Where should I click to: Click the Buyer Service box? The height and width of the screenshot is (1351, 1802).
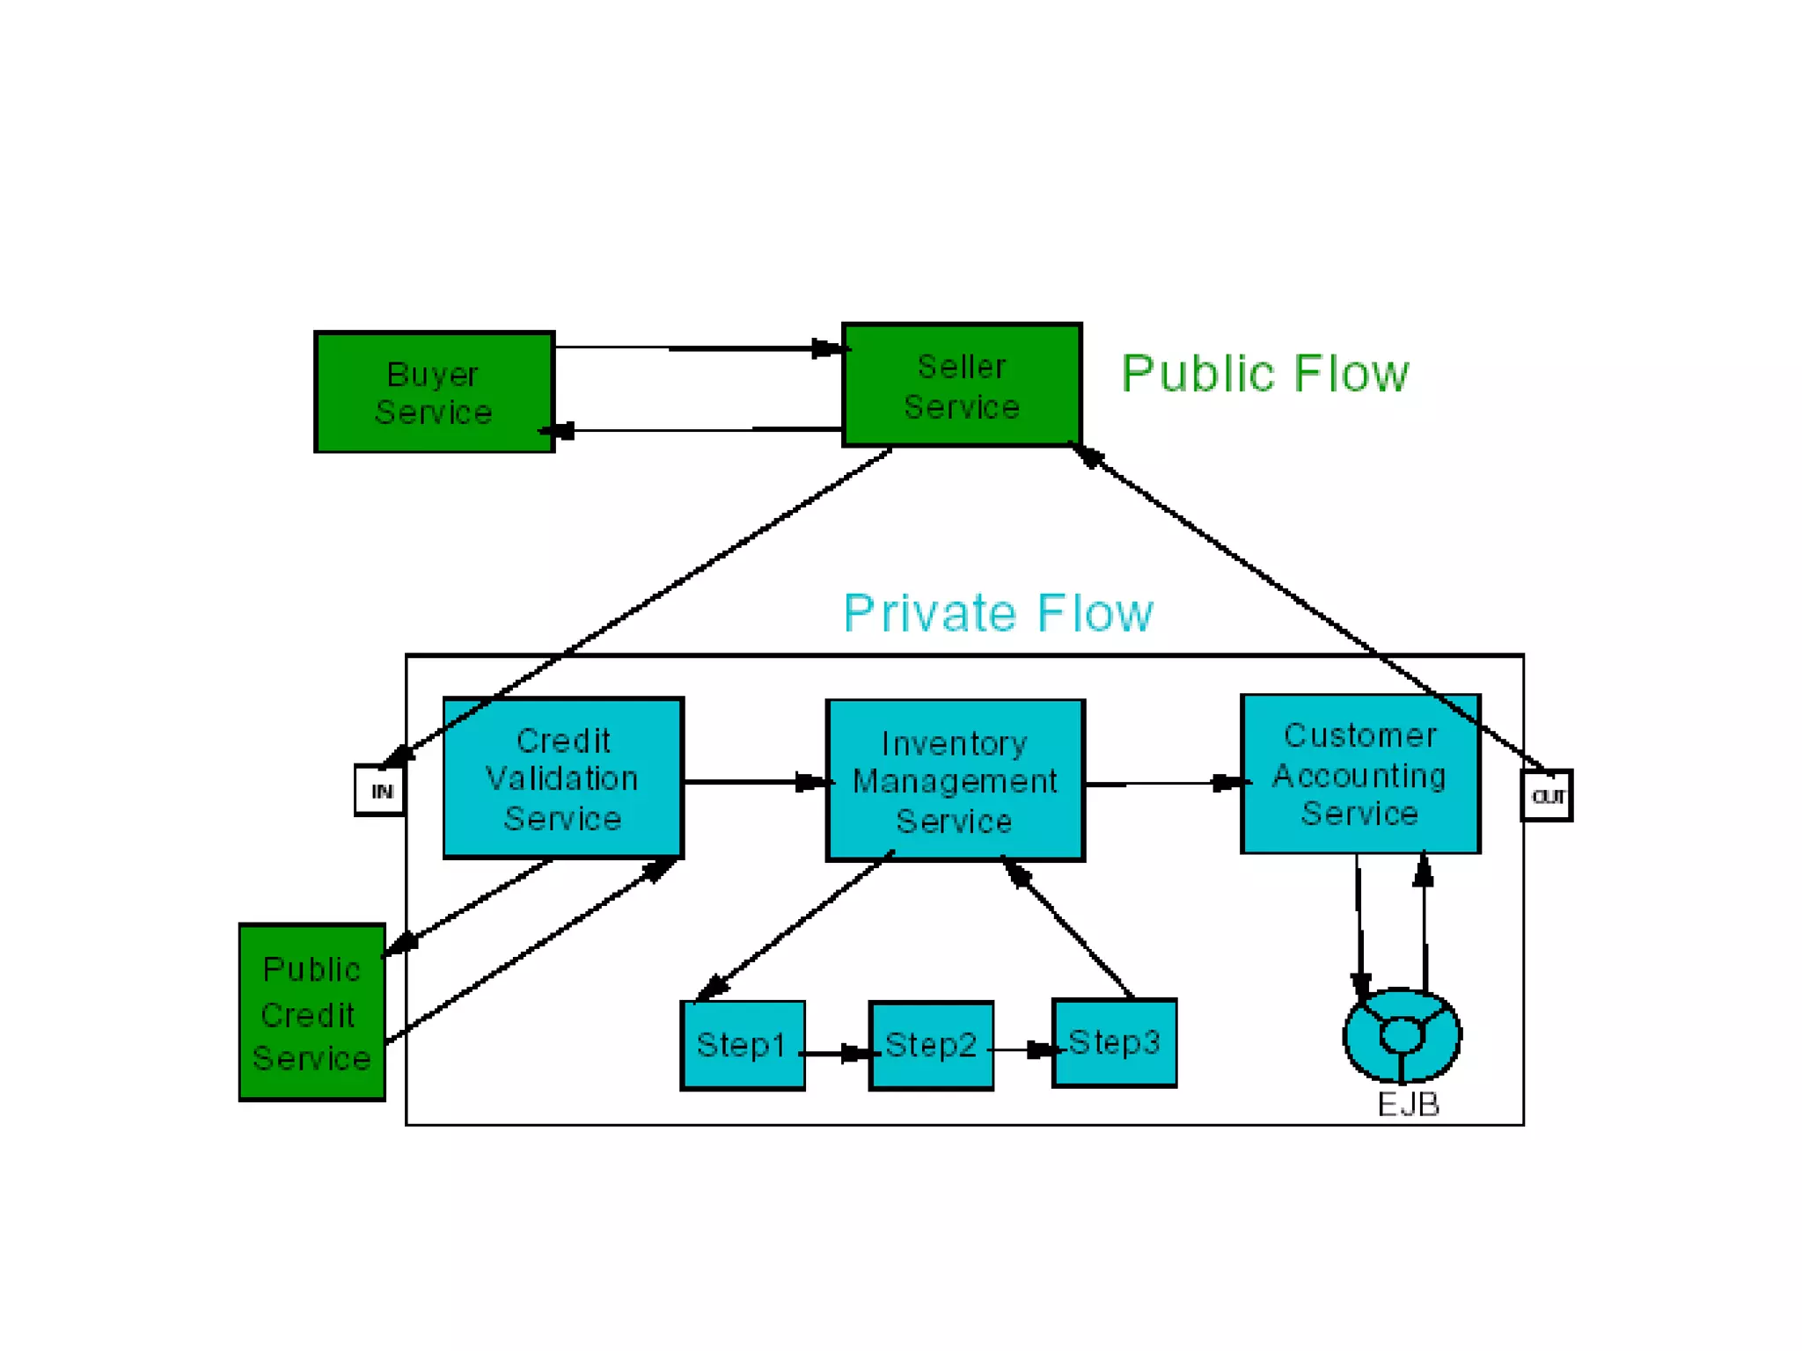point(434,392)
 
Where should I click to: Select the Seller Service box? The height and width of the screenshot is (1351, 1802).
point(961,385)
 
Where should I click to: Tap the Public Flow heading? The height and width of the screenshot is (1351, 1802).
point(1264,374)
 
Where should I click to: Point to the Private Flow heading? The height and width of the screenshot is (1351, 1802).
point(997,613)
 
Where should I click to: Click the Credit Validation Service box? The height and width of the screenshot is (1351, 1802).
point(563,778)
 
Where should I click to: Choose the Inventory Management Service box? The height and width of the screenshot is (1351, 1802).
point(955,781)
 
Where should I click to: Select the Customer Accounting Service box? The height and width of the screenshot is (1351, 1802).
point(1359,774)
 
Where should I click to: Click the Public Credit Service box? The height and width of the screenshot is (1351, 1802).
point(311,1012)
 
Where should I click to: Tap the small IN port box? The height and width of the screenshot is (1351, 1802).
point(380,791)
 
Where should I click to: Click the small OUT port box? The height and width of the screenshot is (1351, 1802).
point(1546,796)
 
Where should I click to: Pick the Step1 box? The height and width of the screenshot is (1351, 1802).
point(742,1045)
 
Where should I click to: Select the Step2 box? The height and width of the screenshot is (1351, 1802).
point(930,1046)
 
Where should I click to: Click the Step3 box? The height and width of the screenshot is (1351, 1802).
point(1114,1043)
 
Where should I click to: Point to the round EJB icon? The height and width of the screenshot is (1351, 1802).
point(1401,1035)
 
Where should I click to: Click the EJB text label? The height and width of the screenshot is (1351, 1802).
point(1408,1105)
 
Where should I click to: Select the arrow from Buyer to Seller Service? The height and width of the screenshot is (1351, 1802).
point(695,348)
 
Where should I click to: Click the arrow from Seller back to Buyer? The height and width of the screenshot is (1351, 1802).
point(695,430)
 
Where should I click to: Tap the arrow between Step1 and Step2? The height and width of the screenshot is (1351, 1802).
point(836,1053)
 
